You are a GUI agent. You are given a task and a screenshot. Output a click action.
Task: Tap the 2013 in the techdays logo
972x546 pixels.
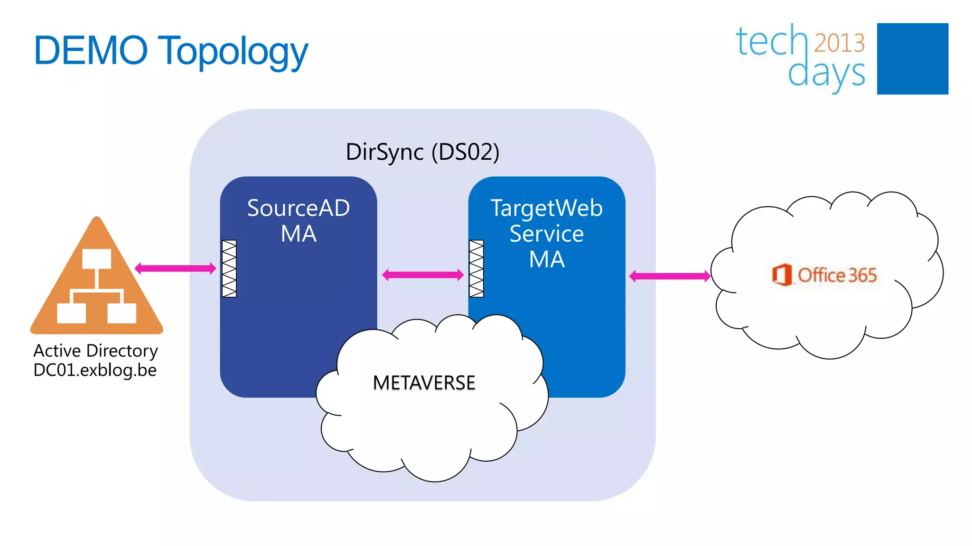point(839,43)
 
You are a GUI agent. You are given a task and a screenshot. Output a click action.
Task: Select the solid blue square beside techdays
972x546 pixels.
point(912,59)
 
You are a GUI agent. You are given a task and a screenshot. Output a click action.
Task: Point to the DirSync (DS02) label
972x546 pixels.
point(422,152)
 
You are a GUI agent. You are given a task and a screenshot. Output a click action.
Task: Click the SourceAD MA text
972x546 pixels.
point(299,221)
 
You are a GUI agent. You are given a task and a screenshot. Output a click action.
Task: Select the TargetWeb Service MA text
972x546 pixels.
point(546,234)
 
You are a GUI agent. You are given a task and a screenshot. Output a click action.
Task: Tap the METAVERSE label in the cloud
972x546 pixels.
point(424,383)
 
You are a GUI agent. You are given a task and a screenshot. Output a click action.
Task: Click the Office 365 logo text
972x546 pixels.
point(837,275)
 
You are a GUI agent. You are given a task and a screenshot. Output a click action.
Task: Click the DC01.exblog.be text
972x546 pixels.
point(95,370)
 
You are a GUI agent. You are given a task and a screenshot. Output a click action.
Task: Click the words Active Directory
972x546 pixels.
point(95,351)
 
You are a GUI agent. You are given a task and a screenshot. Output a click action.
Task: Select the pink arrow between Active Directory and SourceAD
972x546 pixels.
point(176,269)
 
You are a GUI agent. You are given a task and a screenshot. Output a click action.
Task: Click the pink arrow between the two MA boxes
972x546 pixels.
point(422,274)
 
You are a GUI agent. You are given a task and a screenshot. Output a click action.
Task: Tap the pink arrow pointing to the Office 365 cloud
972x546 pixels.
point(670,276)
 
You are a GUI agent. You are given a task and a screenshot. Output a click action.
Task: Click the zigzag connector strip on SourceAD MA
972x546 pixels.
point(229,269)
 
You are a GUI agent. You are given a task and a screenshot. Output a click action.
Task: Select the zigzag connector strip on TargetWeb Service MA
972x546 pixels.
point(477,269)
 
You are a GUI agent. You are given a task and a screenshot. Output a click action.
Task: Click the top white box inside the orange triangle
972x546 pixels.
point(97,259)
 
